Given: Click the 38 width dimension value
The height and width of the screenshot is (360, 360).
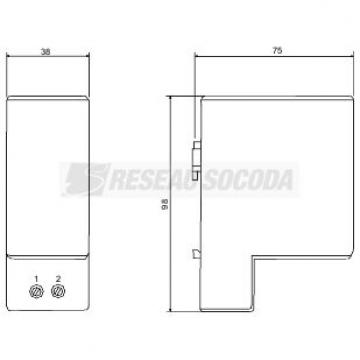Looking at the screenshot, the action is pyautogui.click(x=46, y=52).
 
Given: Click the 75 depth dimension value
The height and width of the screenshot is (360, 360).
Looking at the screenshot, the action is pyautogui.click(x=277, y=51).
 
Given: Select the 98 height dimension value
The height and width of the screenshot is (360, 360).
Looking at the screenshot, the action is pyautogui.click(x=164, y=204).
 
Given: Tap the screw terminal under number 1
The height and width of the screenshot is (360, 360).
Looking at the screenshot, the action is pyautogui.click(x=36, y=292).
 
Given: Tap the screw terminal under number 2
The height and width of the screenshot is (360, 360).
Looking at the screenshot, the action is pyautogui.click(x=58, y=291).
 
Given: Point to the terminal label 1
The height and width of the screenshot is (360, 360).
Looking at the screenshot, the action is pyautogui.click(x=37, y=279).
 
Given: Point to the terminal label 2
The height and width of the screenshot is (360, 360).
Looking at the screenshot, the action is pyautogui.click(x=58, y=278).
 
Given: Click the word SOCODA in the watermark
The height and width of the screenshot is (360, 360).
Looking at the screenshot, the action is pyautogui.click(x=248, y=180).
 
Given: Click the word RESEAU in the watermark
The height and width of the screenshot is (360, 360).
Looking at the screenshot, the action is pyautogui.click(x=154, y=180).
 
